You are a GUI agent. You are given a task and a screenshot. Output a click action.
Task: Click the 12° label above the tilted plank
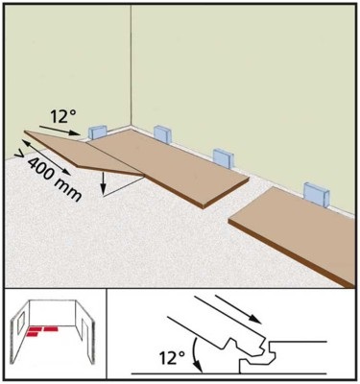click(x=62, y=117)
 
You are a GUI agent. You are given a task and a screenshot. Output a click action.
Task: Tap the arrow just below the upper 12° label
click(x=60, y=130)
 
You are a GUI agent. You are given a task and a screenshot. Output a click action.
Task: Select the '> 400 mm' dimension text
click(x=49, y=176)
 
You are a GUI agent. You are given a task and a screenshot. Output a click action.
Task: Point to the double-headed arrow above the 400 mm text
click(x=46, y=157)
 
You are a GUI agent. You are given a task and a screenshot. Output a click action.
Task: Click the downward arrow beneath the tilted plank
click(x=103, y=183)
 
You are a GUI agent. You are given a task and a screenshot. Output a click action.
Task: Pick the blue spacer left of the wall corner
click(x=97, y=132)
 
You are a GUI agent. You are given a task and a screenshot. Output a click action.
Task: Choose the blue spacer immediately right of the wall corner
click(x=163, y=133)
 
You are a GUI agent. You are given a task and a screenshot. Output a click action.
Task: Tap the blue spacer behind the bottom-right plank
click(x=316, y=194)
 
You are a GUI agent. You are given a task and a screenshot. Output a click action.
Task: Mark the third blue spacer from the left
click(x=224, y=157)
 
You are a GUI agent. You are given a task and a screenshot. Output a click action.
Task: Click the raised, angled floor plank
click(x=84, y=153)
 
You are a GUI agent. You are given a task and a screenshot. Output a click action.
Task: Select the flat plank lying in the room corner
click(x=166, y=166)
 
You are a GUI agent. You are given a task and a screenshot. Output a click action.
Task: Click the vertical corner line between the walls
click(x=131, y=65)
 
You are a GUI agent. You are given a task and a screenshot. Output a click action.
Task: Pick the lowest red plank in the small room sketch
click(x=33, y=334)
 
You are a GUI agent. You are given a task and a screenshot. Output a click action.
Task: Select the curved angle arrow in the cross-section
click(x=196, y=354)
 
